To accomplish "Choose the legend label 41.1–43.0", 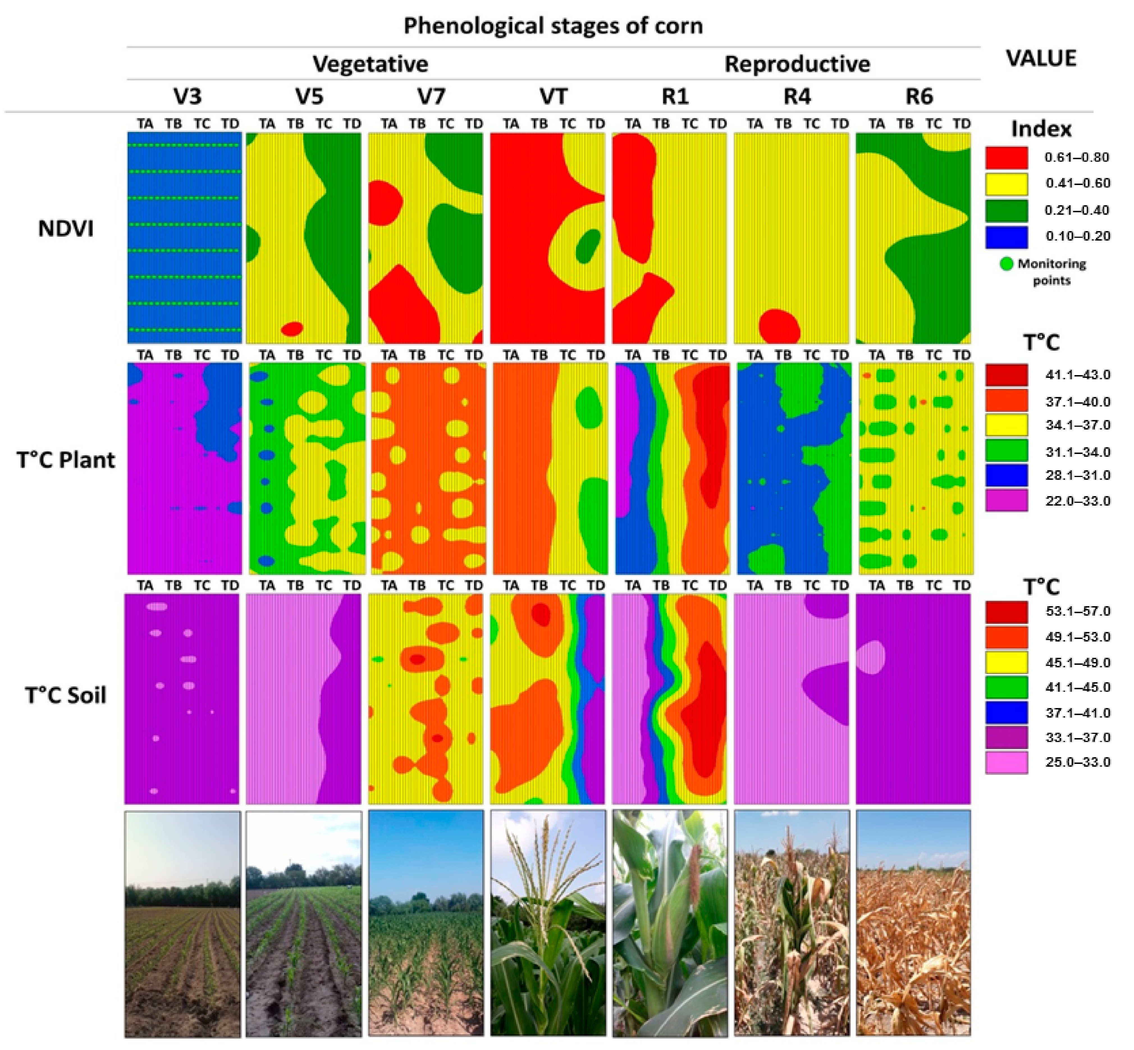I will pyautogui.click(x=1077, y=375).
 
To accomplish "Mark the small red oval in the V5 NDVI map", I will pyautogui.click(x=292, y=328).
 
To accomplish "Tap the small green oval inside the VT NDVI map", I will pyautogui.click(x=587, y=246).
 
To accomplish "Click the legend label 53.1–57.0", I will pyautogui.click(x=1077, y=611).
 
